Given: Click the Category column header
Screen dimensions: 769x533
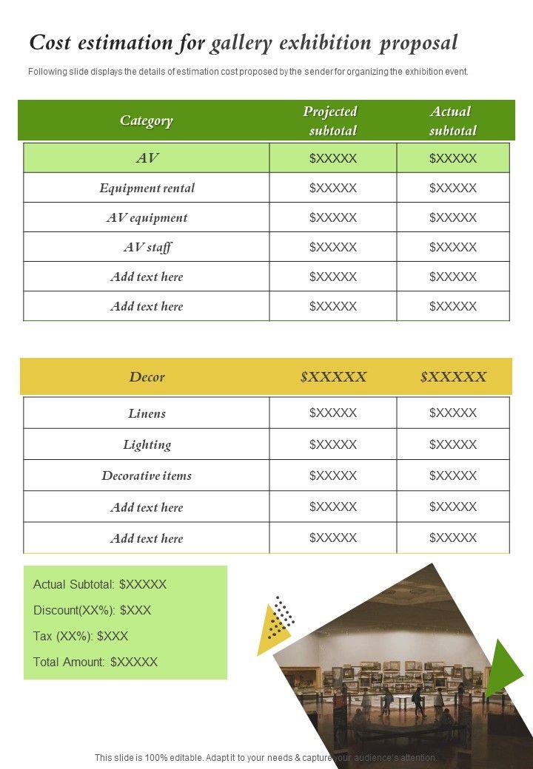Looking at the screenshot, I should (x=147, y=121).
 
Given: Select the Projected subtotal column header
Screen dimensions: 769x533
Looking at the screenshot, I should (x=331, y=121).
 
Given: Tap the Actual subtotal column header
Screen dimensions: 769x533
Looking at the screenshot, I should (x=452, y=121).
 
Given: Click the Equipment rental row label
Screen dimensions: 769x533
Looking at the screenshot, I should (x=147, y=188).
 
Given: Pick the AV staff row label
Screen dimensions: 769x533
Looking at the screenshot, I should (x=147, y=247).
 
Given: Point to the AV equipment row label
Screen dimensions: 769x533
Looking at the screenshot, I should (x=147, y=217).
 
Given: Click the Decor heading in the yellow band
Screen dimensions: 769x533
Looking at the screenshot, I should (x=147, y=376).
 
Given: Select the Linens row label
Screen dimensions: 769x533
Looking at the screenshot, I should (x=147, y=413).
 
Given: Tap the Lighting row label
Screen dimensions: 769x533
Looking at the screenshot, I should (x=147, y=444).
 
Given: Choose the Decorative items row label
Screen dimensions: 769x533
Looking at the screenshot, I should (x=147, y=475).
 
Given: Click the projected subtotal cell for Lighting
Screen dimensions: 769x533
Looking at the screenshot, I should (x=333, y=444).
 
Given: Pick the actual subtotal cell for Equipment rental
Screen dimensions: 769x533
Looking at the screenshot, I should (x=453, y=188).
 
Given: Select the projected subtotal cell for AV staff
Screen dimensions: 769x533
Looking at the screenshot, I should (x=333, y=247).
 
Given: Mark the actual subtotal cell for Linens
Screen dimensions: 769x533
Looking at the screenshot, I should (x=453, y=413).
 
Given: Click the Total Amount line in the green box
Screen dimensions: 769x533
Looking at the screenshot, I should (x=95, y=662).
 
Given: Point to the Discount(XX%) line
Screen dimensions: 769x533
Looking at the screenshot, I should (x=93, y=610).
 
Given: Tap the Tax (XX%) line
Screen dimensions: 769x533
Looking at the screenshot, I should (x=81, y=636).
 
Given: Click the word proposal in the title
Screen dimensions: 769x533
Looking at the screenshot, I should (x=418, y=43).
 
